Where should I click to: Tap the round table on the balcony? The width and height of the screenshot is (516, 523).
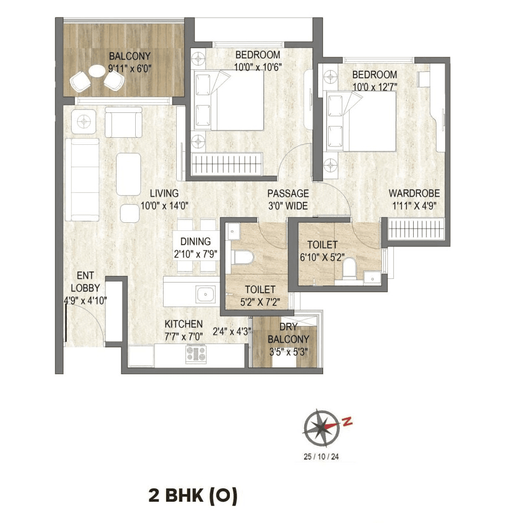pos(96,71)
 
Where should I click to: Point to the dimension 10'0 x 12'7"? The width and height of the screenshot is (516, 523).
pos(374,86)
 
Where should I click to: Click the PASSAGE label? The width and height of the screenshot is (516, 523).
pos(288,193)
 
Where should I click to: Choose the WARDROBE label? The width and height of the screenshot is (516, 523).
pos(414,193)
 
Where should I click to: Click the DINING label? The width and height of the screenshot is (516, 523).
pos(195,242)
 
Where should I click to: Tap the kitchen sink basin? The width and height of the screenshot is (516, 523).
pos(206,293)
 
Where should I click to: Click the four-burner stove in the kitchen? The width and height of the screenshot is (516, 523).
pos(196,354)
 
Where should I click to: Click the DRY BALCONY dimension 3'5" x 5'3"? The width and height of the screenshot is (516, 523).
pos(287,351)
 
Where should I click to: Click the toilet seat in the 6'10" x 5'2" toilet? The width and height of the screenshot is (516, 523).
pos(349,268)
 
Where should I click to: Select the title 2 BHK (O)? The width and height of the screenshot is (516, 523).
pos(192,496)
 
